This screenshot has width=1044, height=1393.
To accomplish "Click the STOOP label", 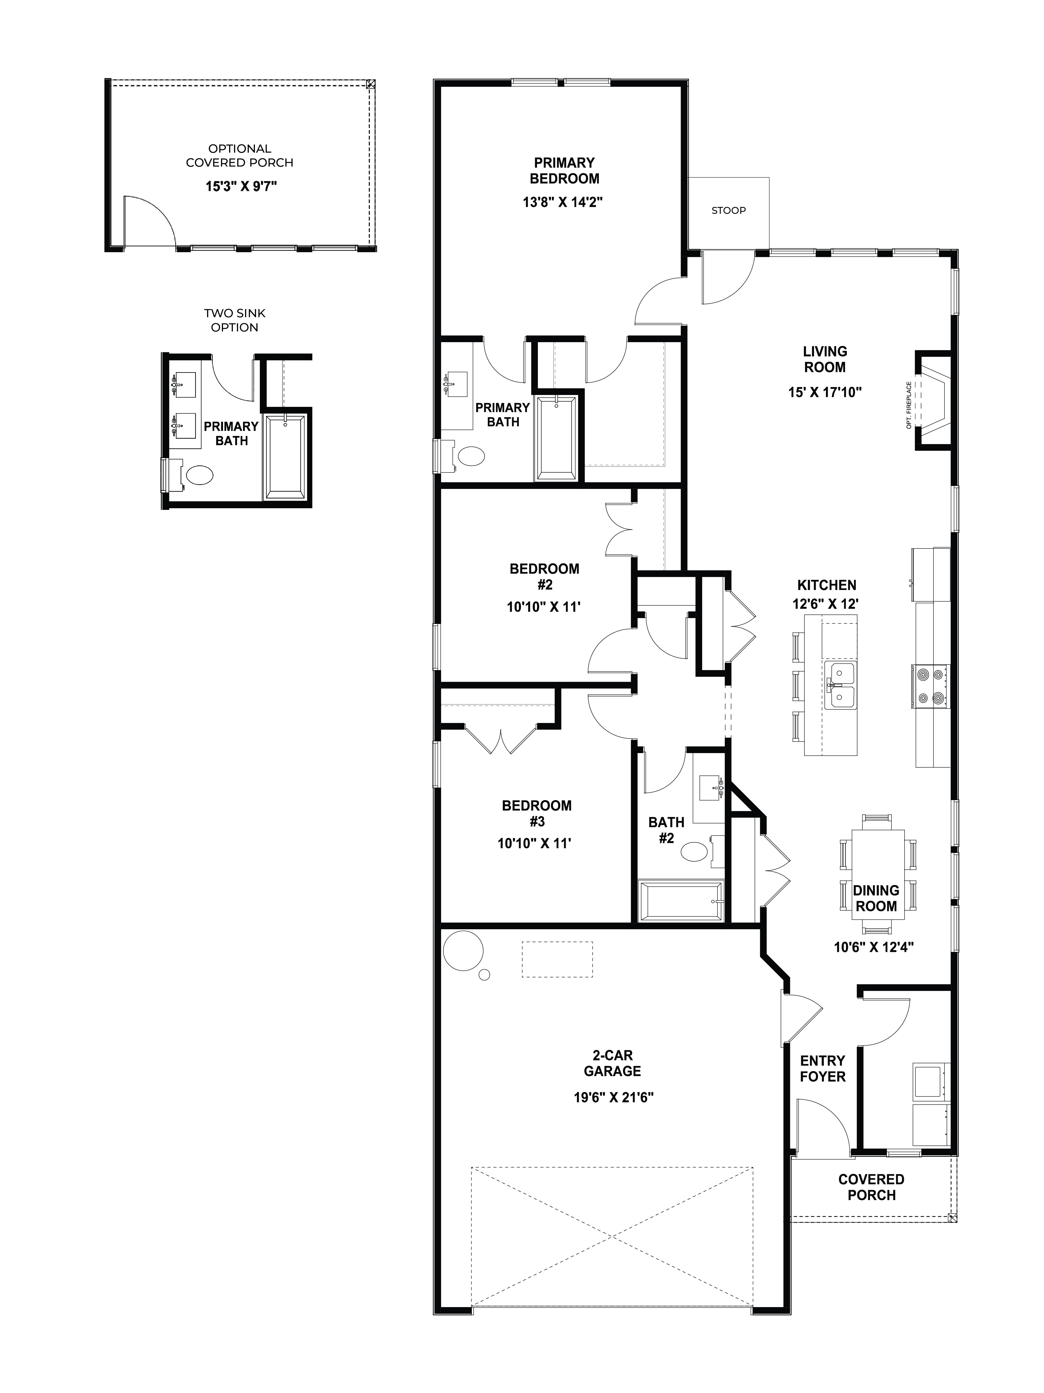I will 728,210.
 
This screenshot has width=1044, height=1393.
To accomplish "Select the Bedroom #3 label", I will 536,813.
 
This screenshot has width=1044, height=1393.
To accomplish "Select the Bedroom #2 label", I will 544,576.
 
